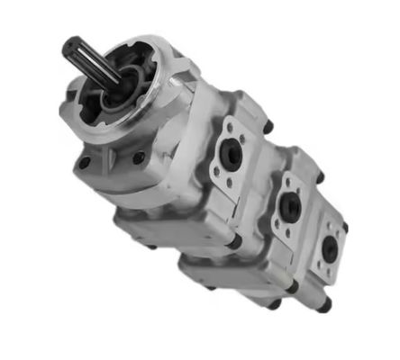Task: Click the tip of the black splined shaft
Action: click(73, 46)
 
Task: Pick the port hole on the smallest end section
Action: click(332, 249)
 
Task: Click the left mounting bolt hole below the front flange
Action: click(84, 164)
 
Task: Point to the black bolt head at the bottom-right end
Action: click(324, 306)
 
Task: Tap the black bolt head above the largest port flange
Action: click(268, 127)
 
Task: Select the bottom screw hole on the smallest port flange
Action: click(330, 273)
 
